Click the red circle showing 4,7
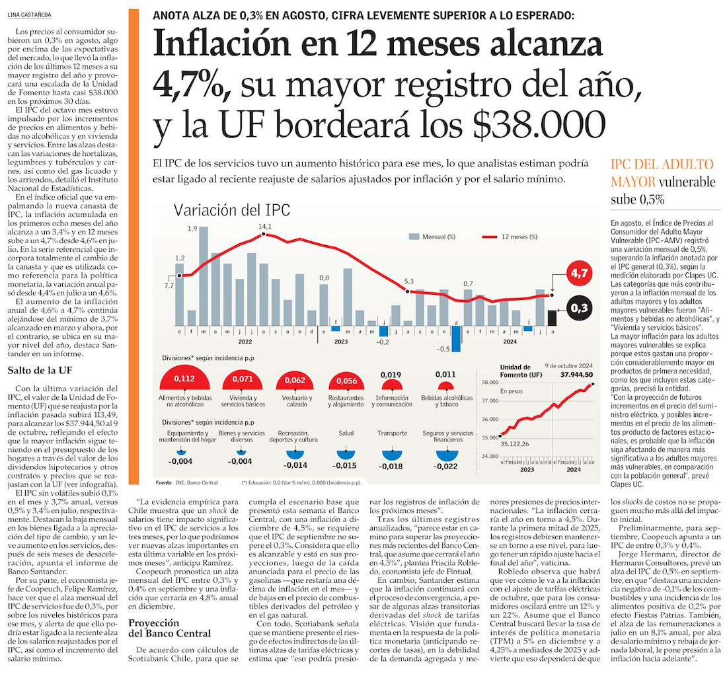coord(580,272)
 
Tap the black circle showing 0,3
coord(580,308)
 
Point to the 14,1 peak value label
coord(264,227)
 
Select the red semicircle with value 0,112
coord(184,379)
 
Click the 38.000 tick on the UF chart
coord(489,382)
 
